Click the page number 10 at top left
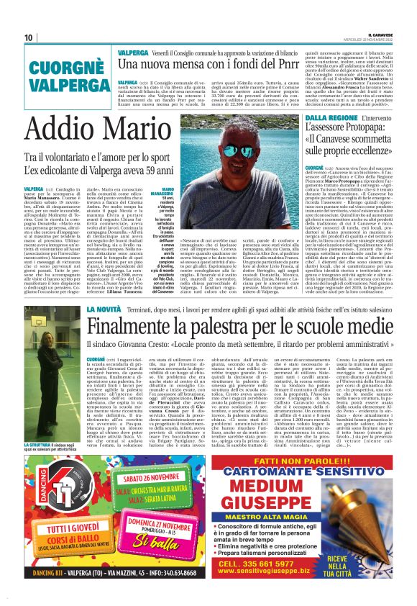(x=28, y=37)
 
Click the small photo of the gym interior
(x=53, y=381)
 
